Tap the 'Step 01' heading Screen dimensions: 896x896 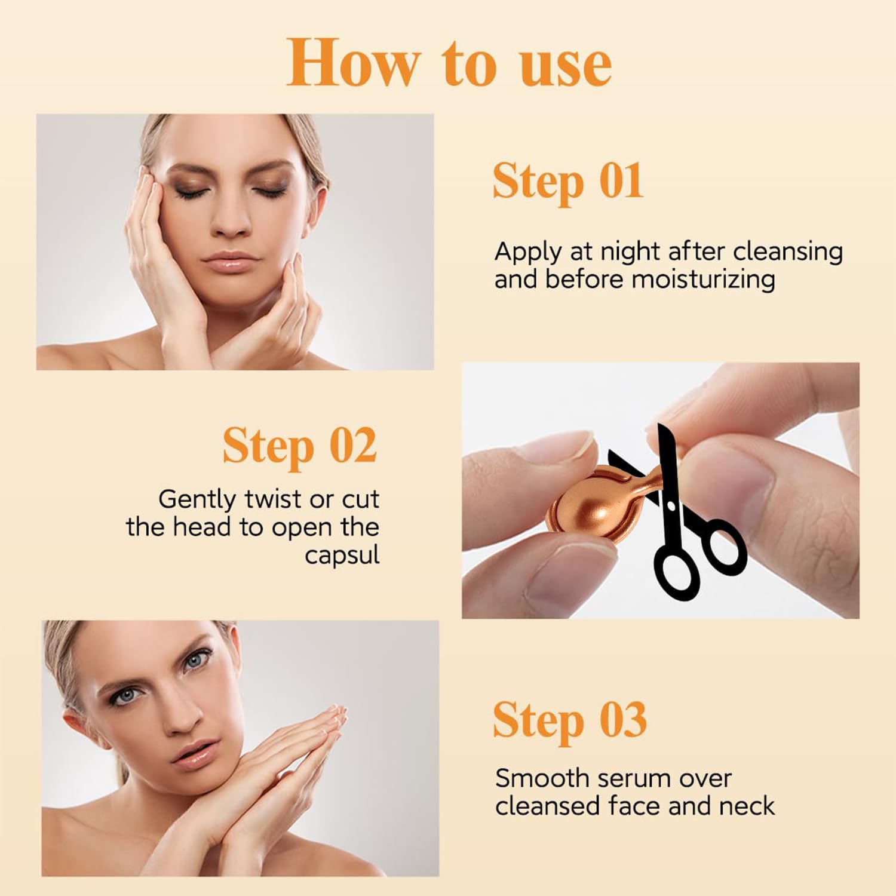tap(568, 181)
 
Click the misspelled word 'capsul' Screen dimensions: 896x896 tap(342, 556)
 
